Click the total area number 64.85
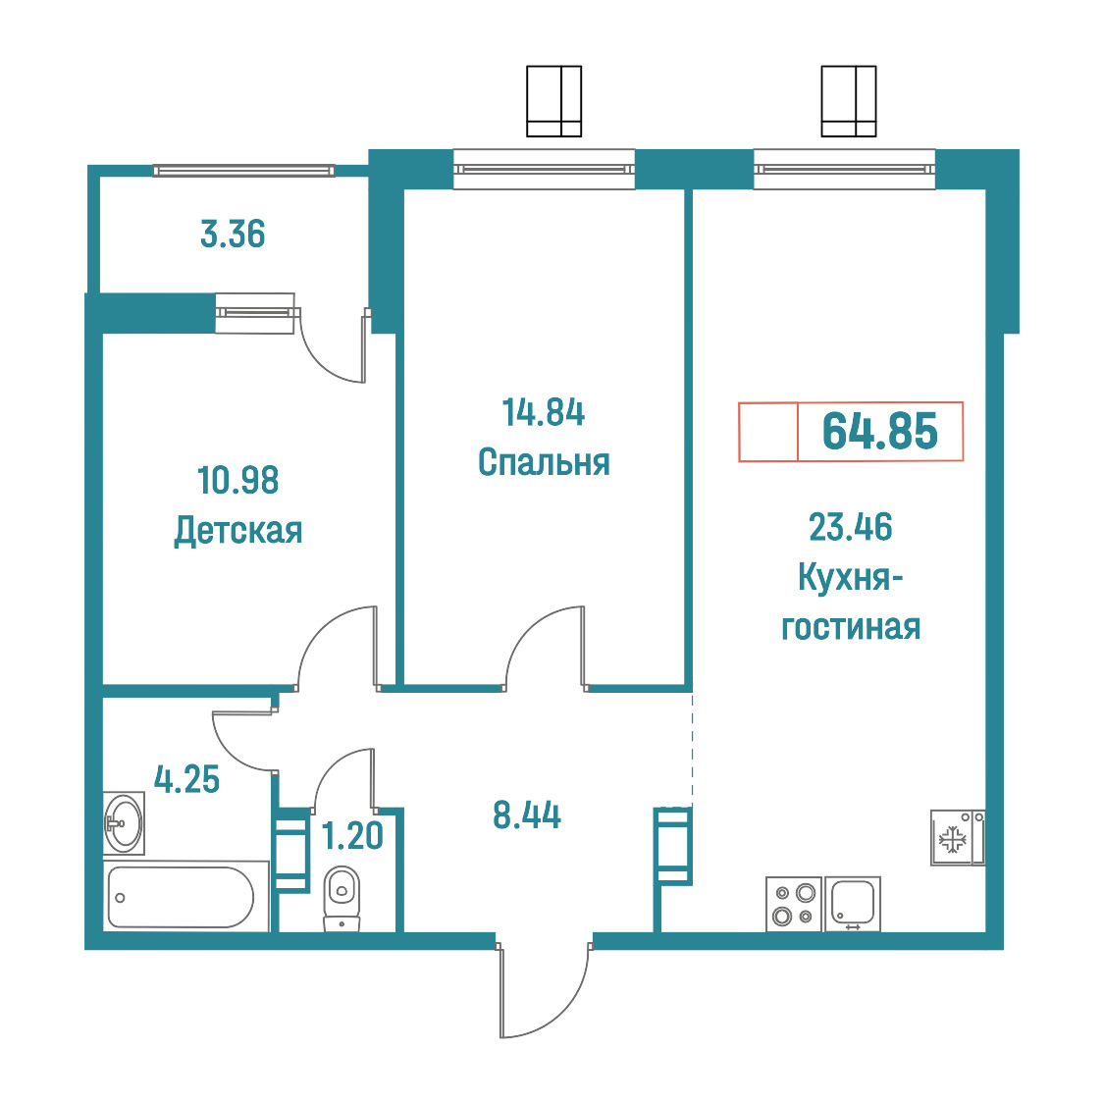[x=880, y=431]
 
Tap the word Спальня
[x=544, y=463]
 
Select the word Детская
[x=237, y=531]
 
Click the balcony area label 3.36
[x=233, y=235]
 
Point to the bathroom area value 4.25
[x=187, y=780]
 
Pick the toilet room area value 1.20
[x=352, y=836]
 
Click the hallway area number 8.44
[x=527, y=816]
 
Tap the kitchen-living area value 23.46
[x=851, y=528]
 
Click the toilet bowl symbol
[x=341, y=898]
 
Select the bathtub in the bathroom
[x=186, y=896]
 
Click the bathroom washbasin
[x=124, y=823]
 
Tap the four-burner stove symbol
[x=794, y=904]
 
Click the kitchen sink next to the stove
[x=853, y=904]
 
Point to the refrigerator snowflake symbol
[x=952, y=839]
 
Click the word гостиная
[x=851, y=627]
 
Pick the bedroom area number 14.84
[x=543, y=413]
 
